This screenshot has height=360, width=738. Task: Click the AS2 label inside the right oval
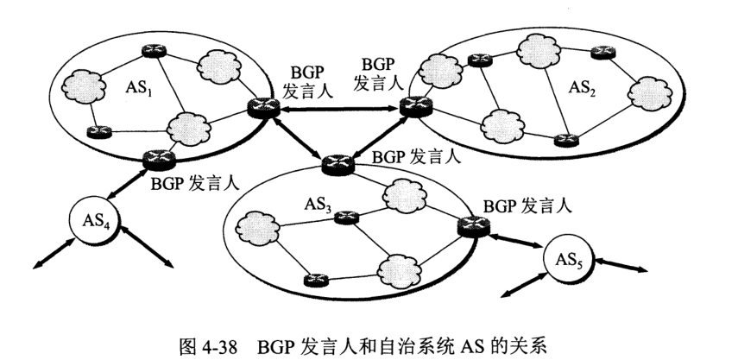pyautogui.click(x=583, y=86)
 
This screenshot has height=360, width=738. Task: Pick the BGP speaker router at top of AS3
pyautogui.click(x=332, y=161)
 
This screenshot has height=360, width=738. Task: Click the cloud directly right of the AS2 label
pyautogui.click(x=647, y=91)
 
